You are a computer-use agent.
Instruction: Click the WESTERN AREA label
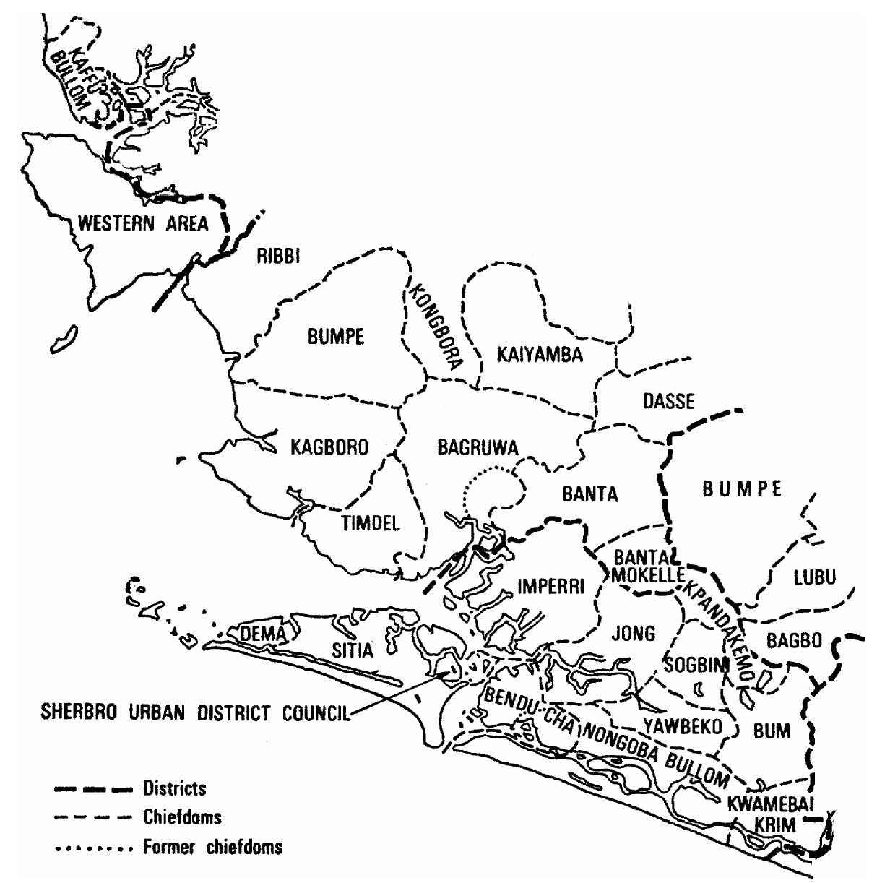coord(142,223)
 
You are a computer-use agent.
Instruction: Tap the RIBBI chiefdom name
coord(278,257)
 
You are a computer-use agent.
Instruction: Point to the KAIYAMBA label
coord(540,355)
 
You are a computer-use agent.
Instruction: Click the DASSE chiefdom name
coord(668,401)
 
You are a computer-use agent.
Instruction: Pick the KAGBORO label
coord(329,447)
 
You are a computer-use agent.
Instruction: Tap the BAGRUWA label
coord(478,448)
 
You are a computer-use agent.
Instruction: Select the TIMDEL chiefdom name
coord(371,524)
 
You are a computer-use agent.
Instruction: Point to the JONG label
coord(633,634)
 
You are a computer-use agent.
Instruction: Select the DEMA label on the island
coord(261,634)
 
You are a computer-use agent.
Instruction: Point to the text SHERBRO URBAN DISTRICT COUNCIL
coord(194,714)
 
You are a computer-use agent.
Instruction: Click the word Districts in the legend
coord(174,788)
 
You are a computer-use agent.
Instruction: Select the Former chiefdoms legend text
coord(212,847)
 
